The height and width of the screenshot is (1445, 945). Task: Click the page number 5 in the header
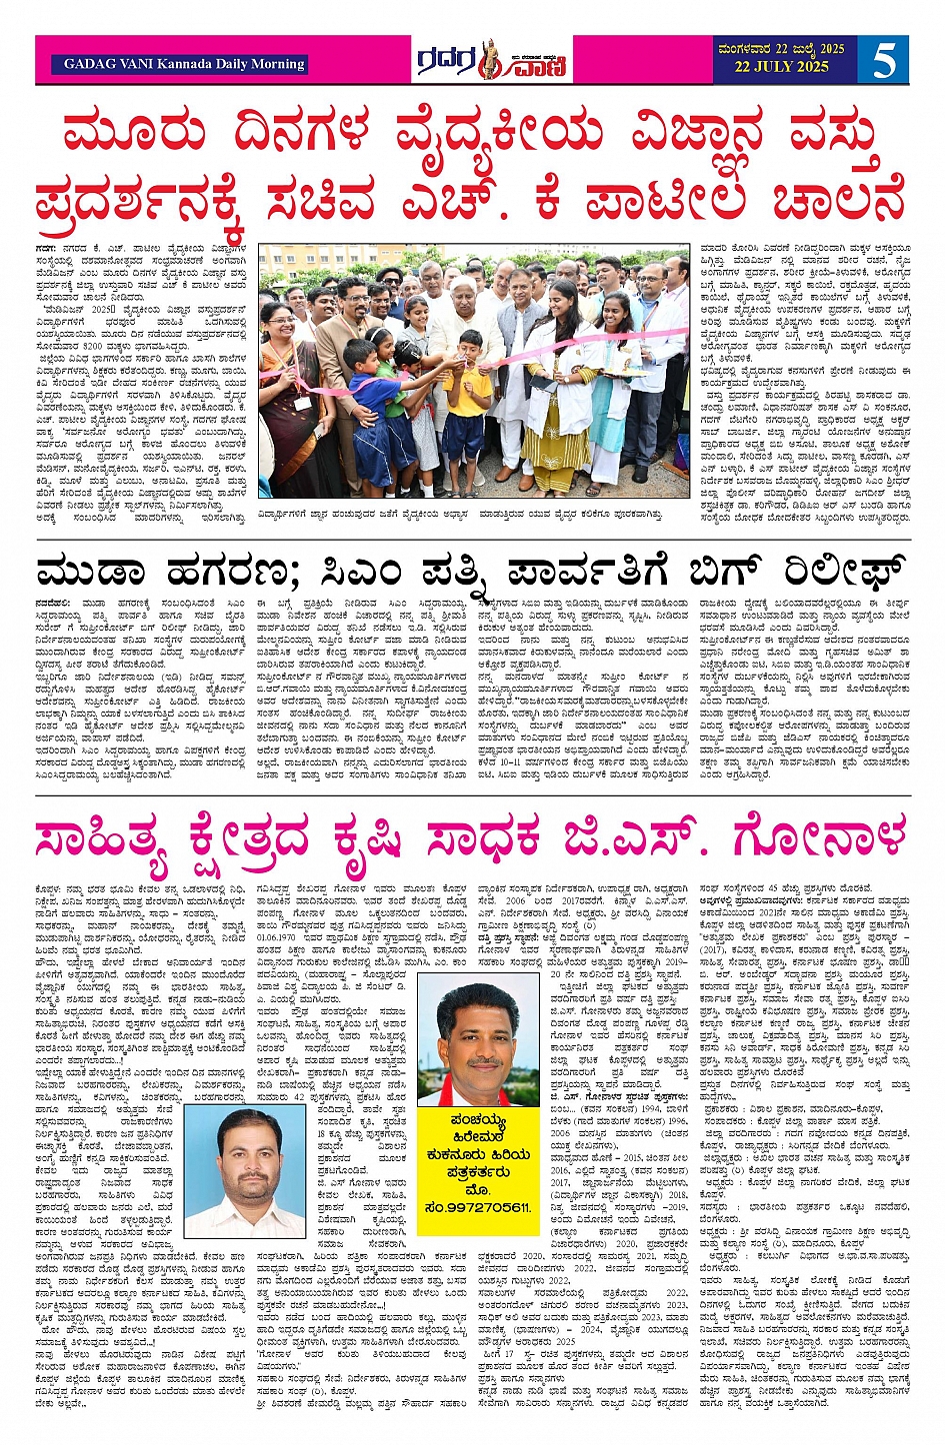point(884,60)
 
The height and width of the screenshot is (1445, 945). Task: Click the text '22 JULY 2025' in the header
point(781,67)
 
